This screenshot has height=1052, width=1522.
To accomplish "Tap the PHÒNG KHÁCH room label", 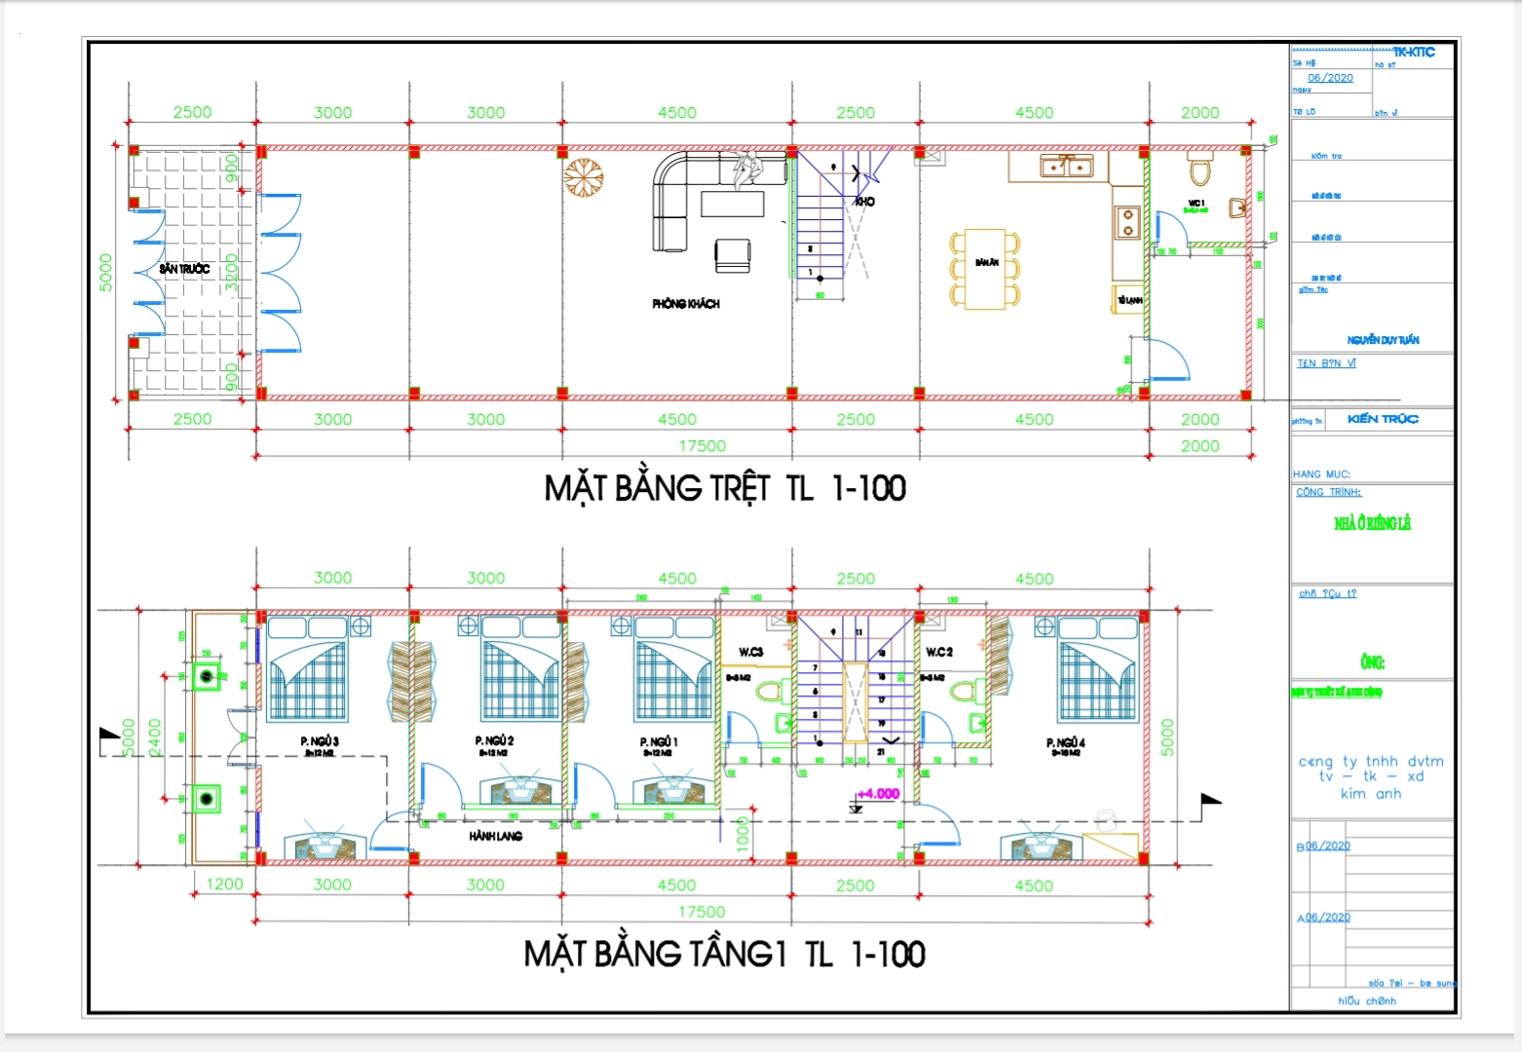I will (x=686, y=304).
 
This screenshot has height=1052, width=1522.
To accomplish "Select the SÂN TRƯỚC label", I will (x=184, y=269).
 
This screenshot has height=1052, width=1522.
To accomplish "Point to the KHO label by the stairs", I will (x=864, y=202).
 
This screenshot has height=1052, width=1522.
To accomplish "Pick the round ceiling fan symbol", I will (x=584, y=178).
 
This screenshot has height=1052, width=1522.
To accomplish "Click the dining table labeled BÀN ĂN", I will (x=985, y=269).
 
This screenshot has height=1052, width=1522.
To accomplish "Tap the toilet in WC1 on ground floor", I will (x=1199, y=169).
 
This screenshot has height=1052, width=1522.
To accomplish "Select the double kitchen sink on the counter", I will (x=1067, y=167).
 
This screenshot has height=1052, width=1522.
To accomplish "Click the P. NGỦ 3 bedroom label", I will (x=320, y=742).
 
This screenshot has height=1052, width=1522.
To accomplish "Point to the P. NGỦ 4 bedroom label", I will (x=1065, y=743).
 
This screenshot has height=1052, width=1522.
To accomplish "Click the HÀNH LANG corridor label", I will (x=495, y=836).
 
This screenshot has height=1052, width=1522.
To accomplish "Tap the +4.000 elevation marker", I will (x=877, y=794).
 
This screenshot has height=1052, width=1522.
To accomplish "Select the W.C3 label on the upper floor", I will (x=750, y=652).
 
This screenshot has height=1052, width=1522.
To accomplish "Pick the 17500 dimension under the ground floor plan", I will (x=702, y=446).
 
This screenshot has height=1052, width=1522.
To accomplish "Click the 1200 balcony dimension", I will (x=224, y=883).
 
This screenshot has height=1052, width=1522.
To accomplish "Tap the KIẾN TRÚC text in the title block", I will (x=1382, y=419).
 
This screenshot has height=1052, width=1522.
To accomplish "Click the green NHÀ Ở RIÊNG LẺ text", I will (x=1372, y=524).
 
